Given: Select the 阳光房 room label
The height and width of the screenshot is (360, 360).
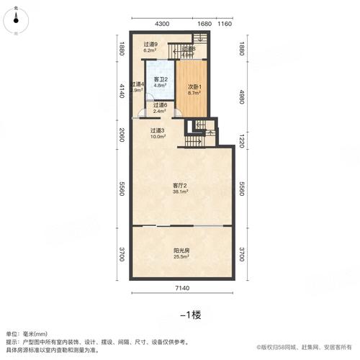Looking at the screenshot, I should click(181, 250).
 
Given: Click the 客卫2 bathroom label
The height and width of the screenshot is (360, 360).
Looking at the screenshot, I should click(160, 80).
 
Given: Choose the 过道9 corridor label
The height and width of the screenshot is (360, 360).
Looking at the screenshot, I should click(150, 45).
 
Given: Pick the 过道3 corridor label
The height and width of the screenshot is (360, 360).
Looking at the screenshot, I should click(158, 130).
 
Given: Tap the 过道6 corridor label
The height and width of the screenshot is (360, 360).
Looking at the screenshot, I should click(160, 105).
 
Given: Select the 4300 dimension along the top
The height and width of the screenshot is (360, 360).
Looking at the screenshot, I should click(162, 24).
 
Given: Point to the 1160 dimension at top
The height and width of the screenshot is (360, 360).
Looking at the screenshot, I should click(225, 24).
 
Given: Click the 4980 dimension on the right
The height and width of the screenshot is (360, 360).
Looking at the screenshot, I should click(241, 91).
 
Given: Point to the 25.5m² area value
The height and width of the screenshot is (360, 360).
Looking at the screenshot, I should click(181, 257).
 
